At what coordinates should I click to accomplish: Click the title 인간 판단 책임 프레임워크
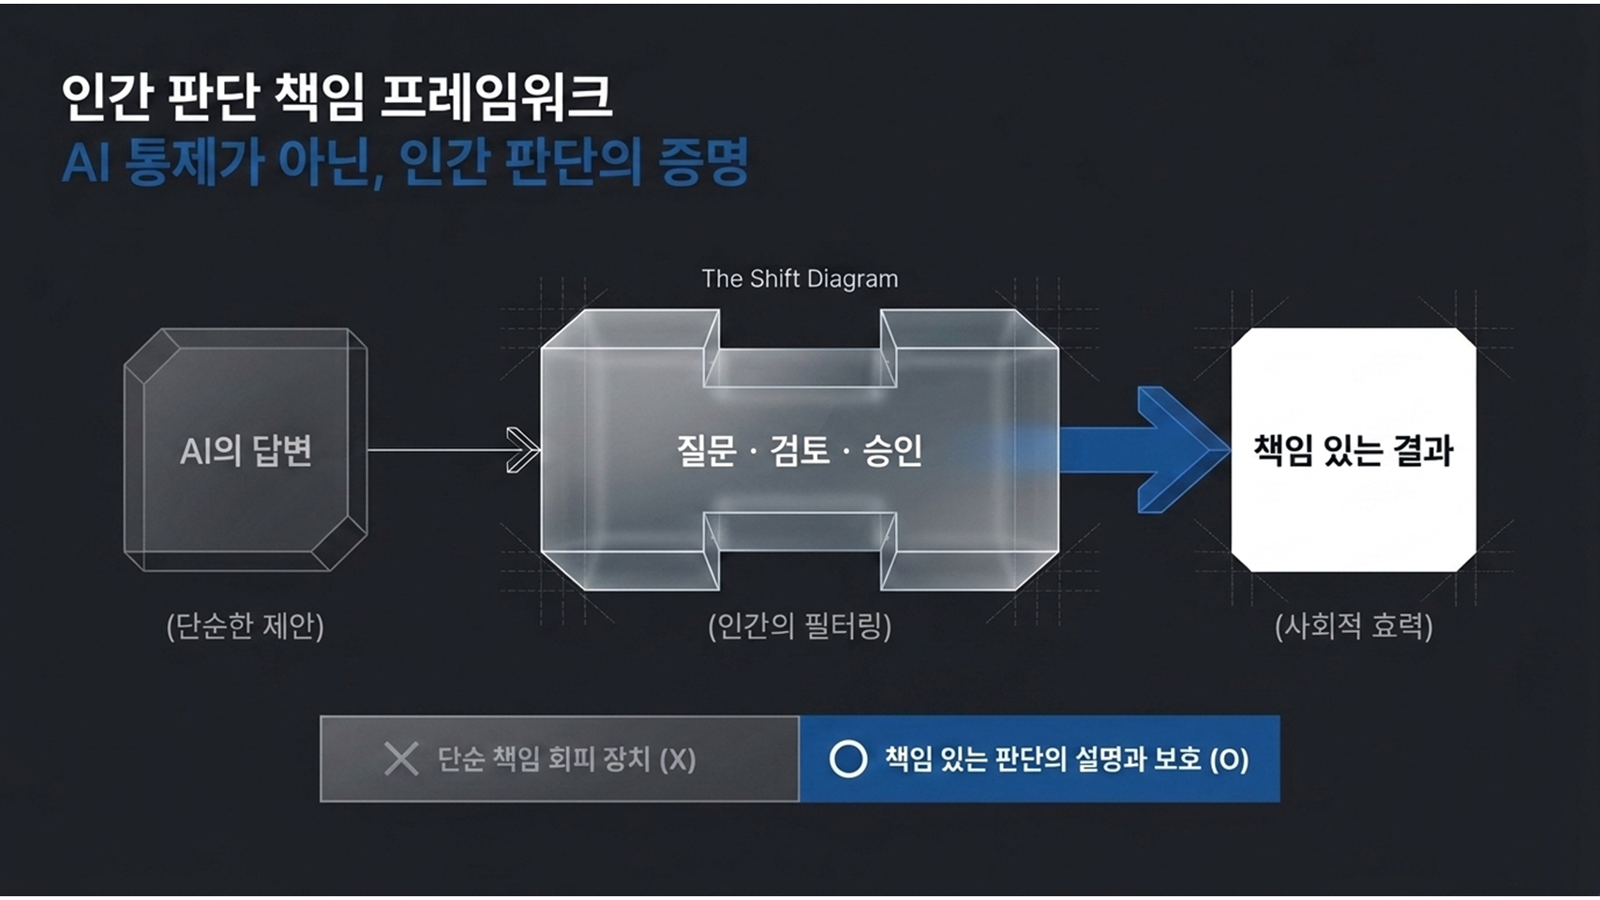[x=337, y=97]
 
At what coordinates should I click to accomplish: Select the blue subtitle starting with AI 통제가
[x=405, y=163]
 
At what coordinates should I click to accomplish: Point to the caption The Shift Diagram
[x=800, y=278]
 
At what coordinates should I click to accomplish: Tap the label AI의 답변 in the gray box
[x=246, y=451]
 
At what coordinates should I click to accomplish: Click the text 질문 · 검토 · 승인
[x=800, y=451]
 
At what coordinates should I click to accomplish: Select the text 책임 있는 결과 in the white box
[x=1353, y=451]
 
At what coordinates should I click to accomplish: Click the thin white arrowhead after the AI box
[x=523, y=450]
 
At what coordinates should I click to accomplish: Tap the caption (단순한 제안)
[x=245, y=626]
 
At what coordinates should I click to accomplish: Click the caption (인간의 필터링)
[x=800, y=626]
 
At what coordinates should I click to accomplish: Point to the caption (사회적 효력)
[x=1353, y=626]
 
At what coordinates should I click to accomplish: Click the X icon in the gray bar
[x=401, y=758]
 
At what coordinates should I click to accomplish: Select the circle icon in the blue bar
[x=848, y=758]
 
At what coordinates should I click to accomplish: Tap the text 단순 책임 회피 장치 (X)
[x=566, y=759]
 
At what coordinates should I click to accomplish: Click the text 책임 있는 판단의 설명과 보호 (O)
[x=1068, y=759]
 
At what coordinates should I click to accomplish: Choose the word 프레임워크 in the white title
[x=497, y=97]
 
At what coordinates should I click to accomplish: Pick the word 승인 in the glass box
[x=893, y=451]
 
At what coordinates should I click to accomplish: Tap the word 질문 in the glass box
[x=706, y=451]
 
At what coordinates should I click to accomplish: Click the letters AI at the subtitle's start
[x=86, y=163]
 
